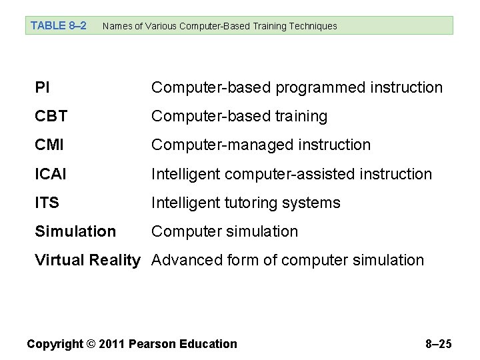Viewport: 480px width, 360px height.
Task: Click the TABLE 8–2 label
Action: click(x=59, y=26)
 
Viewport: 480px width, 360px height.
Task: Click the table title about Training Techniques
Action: click(x=220, y=26)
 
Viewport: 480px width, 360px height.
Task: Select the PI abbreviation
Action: click(x=41, y=87)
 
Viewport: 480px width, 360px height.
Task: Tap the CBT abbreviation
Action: click(x=51, y=116)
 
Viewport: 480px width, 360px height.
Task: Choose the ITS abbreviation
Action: click(x=47, y=203)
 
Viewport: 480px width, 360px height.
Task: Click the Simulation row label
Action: click(x=75, y=231)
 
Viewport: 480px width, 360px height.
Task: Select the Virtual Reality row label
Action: click(x=87, y=260)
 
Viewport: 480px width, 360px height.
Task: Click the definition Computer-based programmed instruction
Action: click(x=297, y=87)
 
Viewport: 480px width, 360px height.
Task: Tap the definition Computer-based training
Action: click(x=239, y=116)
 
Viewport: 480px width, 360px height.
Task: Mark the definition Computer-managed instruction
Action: click(x=261, y=145)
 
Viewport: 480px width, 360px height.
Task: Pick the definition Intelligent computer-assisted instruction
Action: click(x=291, y=174)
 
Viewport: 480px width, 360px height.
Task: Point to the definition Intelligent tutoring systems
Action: click(x=245, y=203)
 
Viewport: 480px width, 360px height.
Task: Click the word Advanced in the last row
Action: click(x=181, y=260)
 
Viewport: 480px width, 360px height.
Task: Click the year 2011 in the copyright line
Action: click(x=112, y=344)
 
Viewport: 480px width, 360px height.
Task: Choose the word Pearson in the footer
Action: click(x=150, y=344)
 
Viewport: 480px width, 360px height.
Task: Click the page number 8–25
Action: click(x=438, y=344)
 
